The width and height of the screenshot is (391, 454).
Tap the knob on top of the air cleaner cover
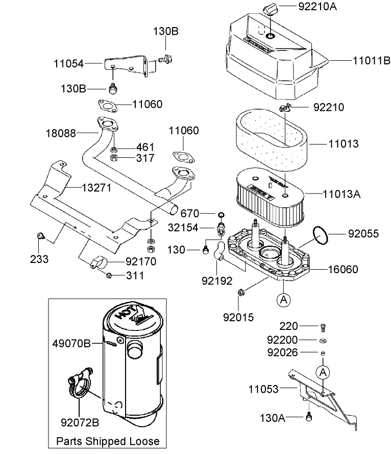click(x=270, y=9)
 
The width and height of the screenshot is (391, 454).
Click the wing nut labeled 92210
click(x=285, y=107)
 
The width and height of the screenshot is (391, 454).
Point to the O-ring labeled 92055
click(x=321, y=234)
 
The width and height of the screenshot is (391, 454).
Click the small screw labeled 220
click(x=322, y=326)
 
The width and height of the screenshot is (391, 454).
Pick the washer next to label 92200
click(x=322, y=340)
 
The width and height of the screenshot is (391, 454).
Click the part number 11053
click(x=263, y=389)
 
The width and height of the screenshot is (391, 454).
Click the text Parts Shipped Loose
click(x=108, y=441)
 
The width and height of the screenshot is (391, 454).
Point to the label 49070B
click(x=71, y=344)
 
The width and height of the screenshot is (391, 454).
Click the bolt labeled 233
click(x=40, y=236)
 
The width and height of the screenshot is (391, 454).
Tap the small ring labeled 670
click(x=222, y=213)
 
